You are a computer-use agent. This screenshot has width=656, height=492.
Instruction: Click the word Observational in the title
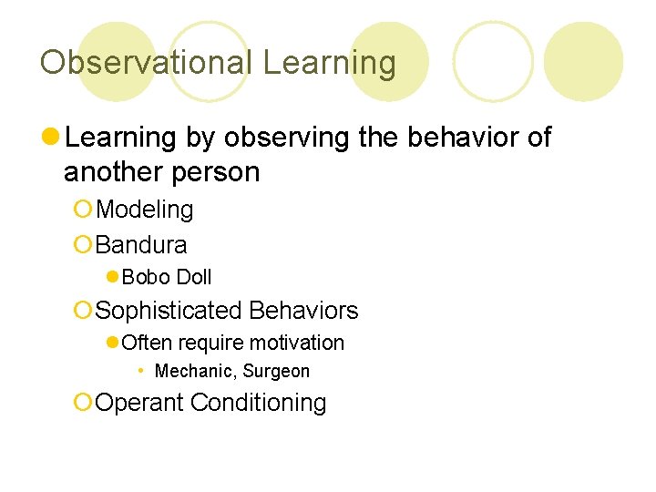pyautogui.click(x=146, y=63)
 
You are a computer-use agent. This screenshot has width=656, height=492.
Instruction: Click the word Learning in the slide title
pyautogui.click(x=329, y=63)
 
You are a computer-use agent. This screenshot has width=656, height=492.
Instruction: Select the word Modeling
pyautogui.click(x=144, y=210)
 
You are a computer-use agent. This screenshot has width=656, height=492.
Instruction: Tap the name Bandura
pyautogui.click(x=141, y=245)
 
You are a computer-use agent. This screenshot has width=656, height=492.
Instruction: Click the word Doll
pyautogui.click(x=192, y=277)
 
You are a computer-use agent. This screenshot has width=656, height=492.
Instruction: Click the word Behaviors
pyautogui.click(x=303, y=311)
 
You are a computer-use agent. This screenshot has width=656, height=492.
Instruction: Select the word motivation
pyautogui.click(x=300, y=343)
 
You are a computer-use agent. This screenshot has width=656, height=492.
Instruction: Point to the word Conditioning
pyautogui.click(x=258, y=403)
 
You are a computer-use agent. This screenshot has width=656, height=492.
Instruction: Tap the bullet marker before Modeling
pyautogui.click(x=83, y=210)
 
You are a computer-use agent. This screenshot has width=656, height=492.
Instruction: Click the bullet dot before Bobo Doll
pyautogui.click(x=112, y=277)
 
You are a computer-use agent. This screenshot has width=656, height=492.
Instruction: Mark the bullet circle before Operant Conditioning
pyautogui.click(x=83, y=403)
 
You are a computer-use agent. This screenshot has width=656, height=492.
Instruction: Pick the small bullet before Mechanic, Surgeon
pyautogui.click(x=140, y=371)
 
